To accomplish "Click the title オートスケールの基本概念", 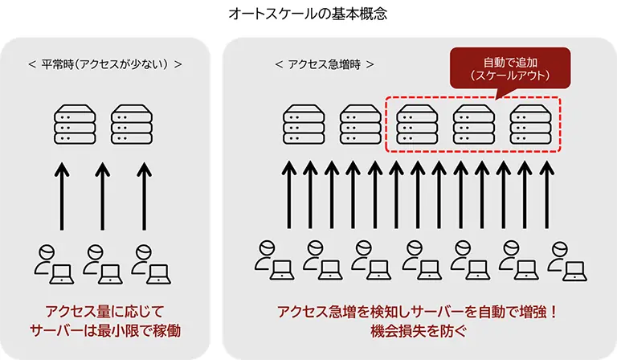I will (308, 14).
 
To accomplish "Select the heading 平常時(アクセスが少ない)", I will (104, 63).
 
